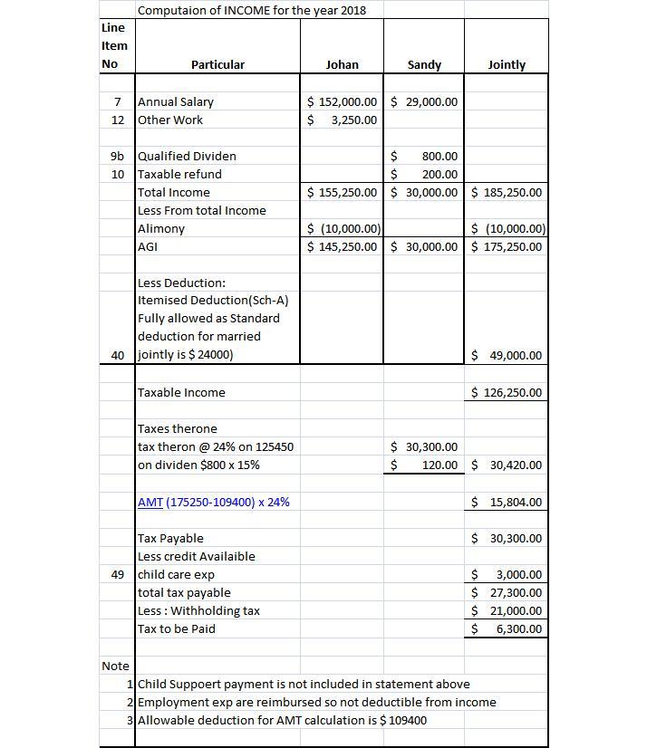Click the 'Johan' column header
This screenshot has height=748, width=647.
coord(342,65)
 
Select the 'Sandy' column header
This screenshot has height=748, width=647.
coord(424,65)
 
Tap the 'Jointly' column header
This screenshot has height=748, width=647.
coord(507,65)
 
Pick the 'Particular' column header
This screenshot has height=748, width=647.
coord(217,65)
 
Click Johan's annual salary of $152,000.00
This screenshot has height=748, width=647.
coord(343,101)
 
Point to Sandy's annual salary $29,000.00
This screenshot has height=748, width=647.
coord(424,101)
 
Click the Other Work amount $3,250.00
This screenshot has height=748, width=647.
coord(343,120)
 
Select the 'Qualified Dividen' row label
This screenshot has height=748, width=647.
coord(187,156)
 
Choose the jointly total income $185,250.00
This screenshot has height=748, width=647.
coord(507,192)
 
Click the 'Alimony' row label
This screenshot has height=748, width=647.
coord(161,228)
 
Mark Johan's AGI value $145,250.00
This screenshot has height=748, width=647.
coord(343,246)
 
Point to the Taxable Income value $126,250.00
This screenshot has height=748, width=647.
coord(507,392)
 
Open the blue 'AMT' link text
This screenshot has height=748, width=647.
coord(150,502)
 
